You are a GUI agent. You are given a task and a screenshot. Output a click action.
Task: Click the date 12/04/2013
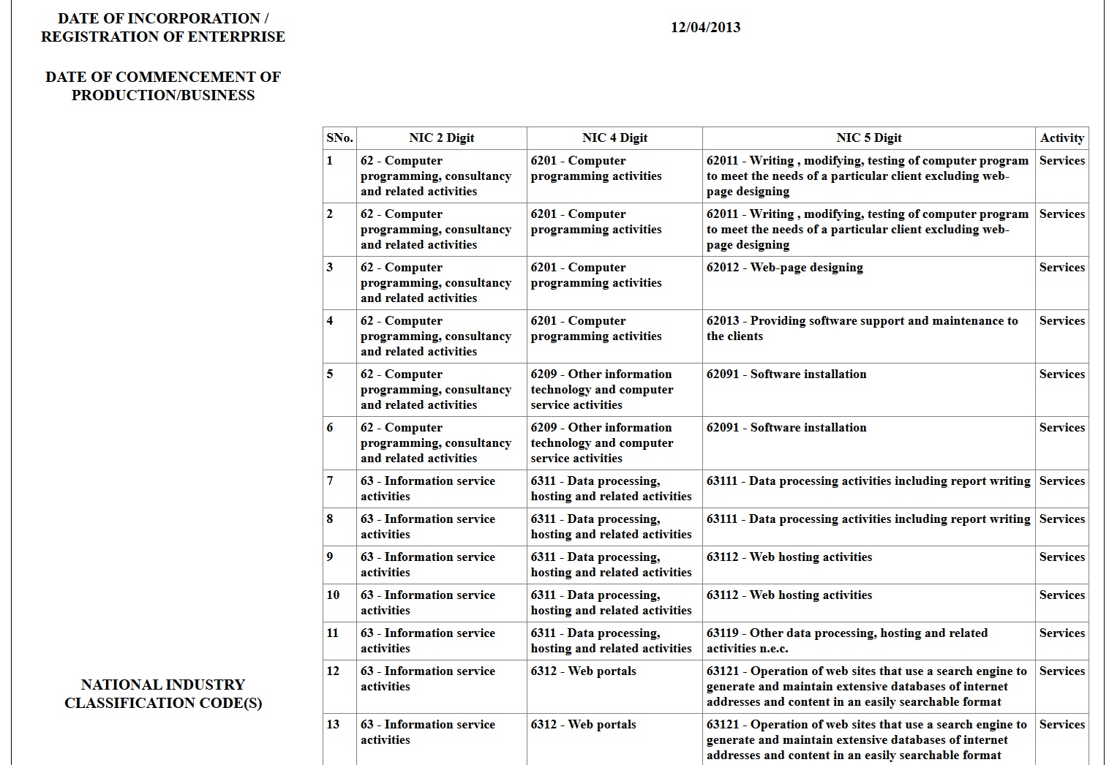point(705,28)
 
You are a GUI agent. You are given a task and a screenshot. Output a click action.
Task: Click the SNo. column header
point(339,138)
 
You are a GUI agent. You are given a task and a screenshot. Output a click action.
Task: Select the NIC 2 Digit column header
point(441,138)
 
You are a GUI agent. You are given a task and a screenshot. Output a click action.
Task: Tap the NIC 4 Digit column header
point(614,138)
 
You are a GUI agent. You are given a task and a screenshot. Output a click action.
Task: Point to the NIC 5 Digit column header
point(868,138)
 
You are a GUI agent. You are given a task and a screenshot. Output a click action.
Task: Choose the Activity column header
point(1061,138)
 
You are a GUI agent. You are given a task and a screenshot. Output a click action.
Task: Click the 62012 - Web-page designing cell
point(784,268)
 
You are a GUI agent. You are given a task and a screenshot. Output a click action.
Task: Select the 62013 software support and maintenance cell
point(862,328)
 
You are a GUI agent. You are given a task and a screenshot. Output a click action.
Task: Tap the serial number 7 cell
point(331,481)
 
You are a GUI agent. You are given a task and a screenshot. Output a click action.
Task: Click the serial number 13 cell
point(333,725)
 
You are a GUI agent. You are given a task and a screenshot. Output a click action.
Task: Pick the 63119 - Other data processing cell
point(846,641)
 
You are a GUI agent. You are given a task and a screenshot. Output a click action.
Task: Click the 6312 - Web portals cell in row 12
point(583,671)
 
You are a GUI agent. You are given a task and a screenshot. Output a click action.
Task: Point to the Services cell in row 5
point(1061,374)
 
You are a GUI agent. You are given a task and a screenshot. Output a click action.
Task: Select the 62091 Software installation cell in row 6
point(786,428)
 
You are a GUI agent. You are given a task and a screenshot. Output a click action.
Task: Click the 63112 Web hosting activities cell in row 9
point(789,557)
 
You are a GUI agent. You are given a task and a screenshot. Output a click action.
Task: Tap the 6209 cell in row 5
point(601,390)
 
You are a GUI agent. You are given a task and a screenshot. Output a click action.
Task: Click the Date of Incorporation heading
point(163,28)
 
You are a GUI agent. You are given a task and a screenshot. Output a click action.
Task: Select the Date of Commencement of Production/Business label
point(163,86)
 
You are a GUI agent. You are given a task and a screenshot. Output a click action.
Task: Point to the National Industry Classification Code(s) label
point(163,694)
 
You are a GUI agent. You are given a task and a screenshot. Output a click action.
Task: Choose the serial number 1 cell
point(330,161)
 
